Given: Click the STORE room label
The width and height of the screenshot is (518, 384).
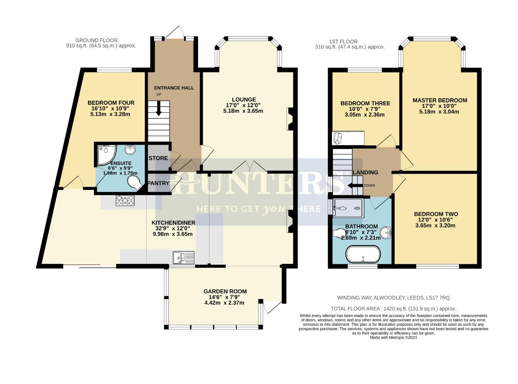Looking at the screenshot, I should [158, 158].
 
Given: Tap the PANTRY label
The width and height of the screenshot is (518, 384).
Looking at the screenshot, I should [158, 183].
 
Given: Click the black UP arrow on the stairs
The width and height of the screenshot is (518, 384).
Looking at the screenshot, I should [159, 108].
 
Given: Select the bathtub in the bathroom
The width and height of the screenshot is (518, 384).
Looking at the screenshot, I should [363, 255].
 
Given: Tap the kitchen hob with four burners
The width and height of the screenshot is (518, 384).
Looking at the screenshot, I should [125, 201].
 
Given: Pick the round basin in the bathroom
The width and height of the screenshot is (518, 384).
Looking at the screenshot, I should [385, 233].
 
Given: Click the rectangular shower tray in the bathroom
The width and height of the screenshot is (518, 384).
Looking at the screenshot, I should [348, 207].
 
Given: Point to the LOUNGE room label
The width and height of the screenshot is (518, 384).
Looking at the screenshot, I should [244, 100].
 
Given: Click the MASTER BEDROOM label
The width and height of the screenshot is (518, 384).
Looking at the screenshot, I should [440, 100].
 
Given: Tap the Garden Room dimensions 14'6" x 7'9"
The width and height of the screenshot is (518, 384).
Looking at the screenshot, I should [225, 297].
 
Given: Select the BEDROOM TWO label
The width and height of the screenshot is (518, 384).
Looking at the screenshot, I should [436, 214].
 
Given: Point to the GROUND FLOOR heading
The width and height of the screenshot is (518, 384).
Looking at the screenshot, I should [96, 41].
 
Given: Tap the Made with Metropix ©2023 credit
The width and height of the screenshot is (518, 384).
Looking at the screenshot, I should [393, 338].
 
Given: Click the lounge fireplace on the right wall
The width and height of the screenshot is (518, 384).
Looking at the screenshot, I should [290, 119].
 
